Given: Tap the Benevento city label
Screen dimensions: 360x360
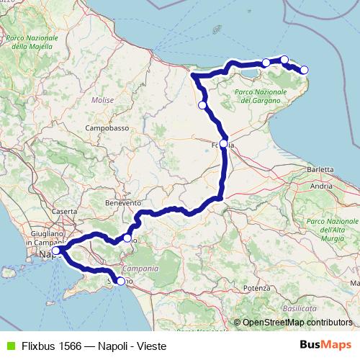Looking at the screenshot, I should [123, 203].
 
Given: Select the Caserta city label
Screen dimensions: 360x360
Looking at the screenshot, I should [64, 212].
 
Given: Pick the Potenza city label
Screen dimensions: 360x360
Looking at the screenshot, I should [256, 287].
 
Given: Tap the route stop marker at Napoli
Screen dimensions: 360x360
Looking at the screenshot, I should [55, 251].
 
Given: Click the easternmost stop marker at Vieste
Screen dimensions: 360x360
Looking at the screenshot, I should [304, 70].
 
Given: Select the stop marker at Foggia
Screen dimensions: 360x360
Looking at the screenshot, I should [223, 143].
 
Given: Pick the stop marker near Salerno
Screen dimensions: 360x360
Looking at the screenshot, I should [120, 282].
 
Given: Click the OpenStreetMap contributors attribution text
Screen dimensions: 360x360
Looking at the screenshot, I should [297, 323].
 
